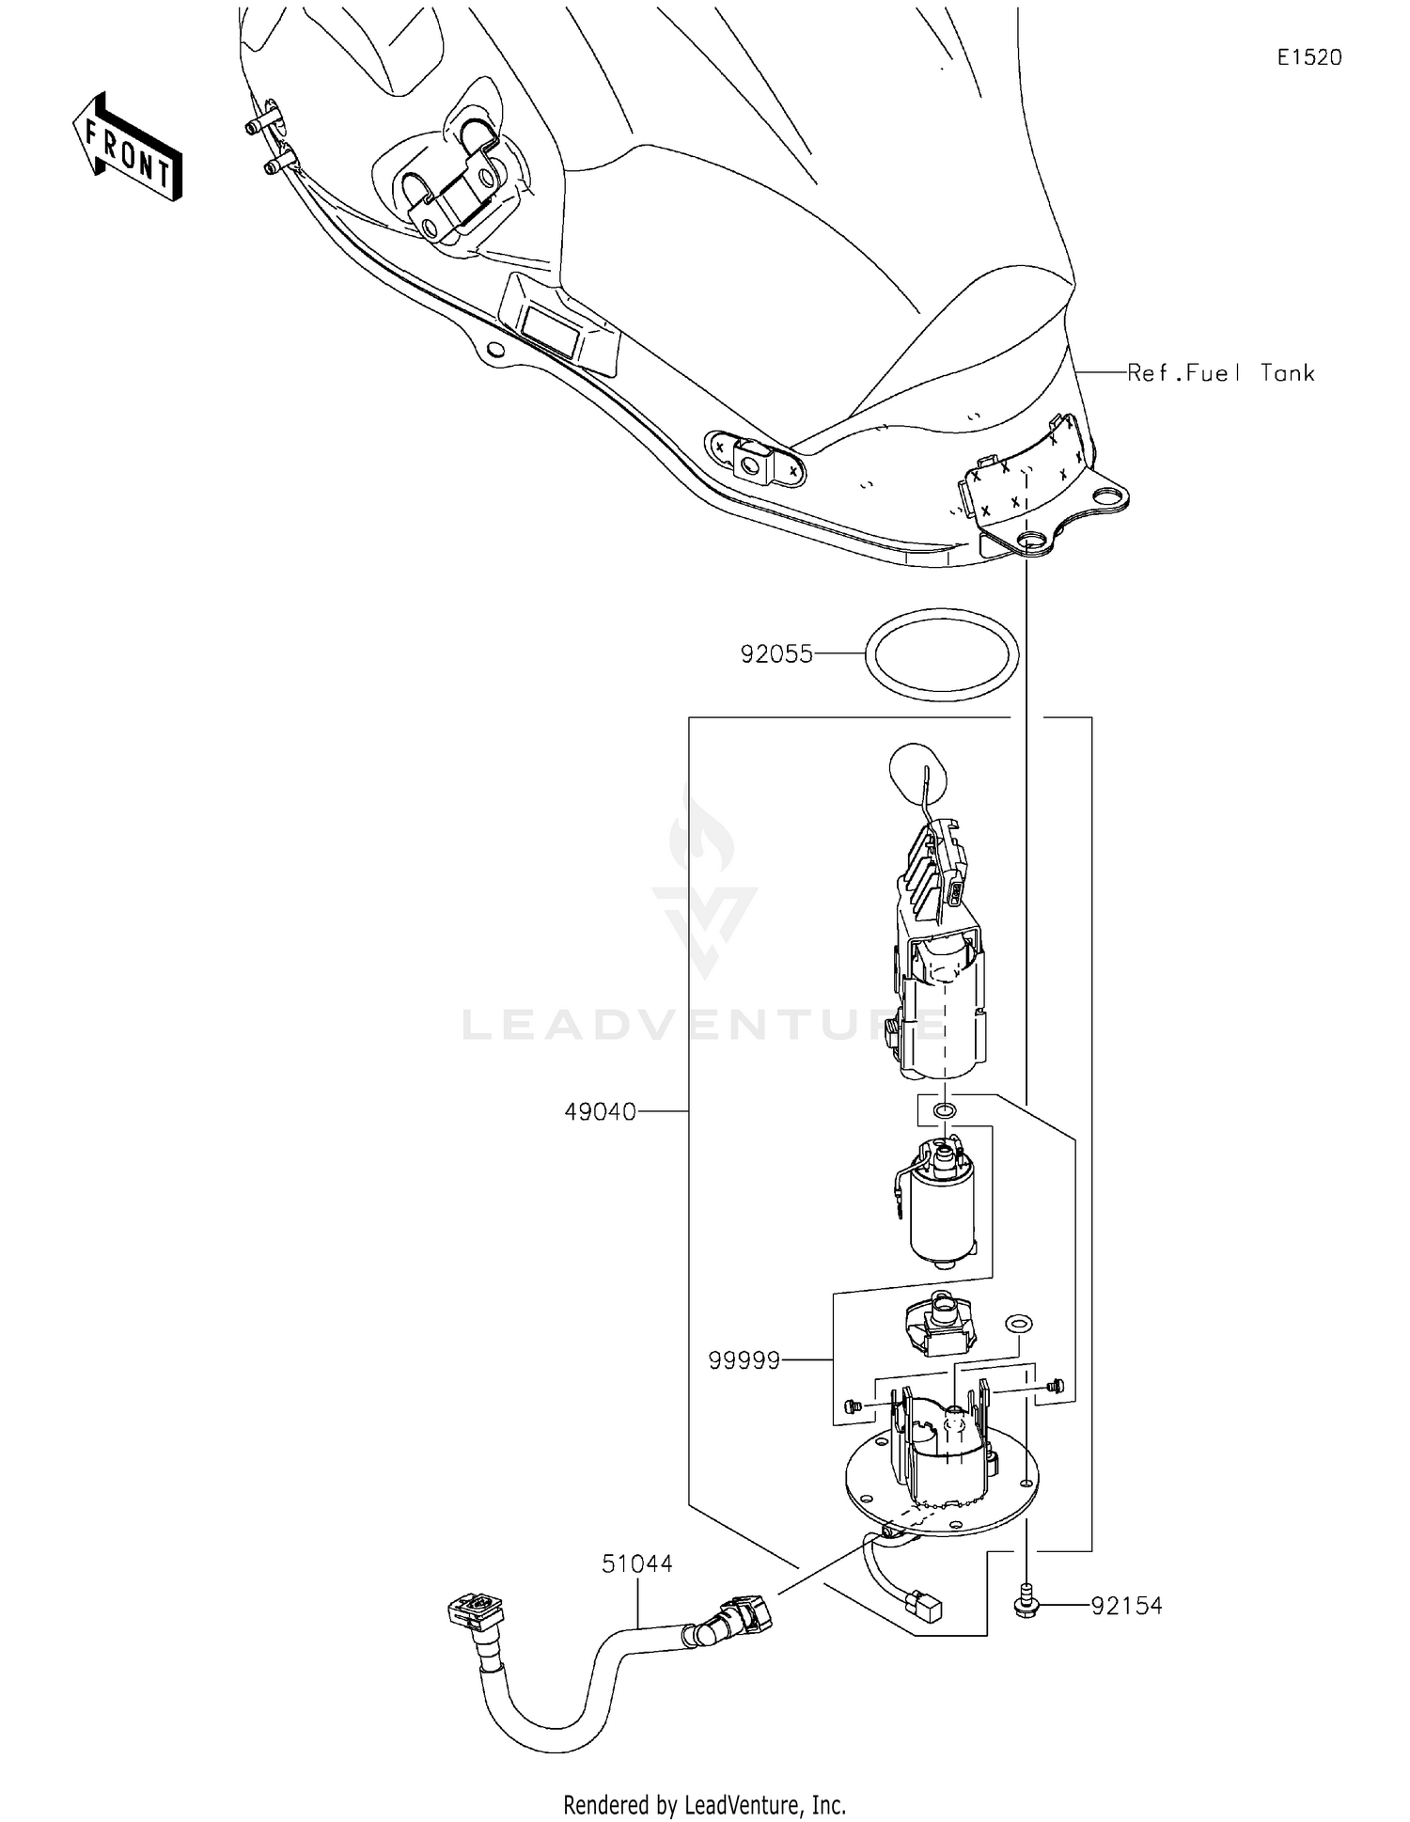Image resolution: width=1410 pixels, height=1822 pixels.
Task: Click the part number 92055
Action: tap(775, 654)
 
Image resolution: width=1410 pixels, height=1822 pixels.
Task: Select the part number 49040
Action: tap(600, 1112)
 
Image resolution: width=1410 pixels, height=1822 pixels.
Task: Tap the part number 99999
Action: tap(744, 1360)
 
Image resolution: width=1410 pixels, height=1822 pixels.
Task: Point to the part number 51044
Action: tap(637, 1563)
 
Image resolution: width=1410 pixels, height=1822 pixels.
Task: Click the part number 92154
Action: tap(1126, 1606)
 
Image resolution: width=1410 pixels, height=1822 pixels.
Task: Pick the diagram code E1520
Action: tap(1308, 57)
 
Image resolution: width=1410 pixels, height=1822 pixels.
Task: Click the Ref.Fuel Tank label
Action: tap(1220, 373)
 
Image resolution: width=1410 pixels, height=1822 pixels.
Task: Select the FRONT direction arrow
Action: tap(127, 147)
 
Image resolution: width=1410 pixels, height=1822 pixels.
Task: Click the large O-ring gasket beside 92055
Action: tap(941, 654)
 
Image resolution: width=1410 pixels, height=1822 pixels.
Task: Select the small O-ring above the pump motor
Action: tap(944, 1112)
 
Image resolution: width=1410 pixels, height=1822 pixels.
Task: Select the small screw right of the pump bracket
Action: tap(1054, 1385)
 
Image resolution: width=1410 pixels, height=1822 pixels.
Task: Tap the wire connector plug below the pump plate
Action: tap(925, 1609)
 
